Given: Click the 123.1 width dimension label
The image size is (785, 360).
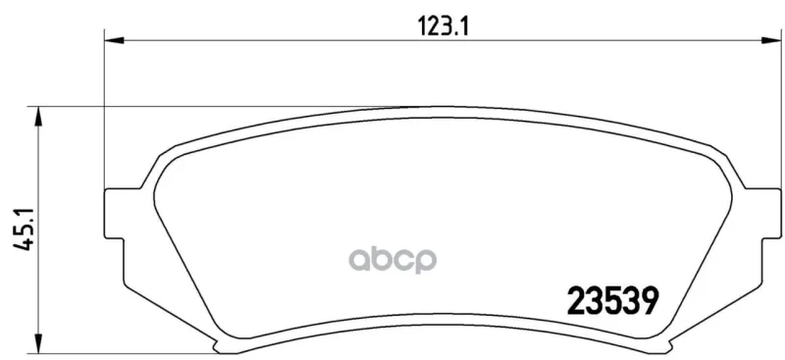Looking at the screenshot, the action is click(x=443, y=26).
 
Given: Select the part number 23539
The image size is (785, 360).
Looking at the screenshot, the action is click(x=611, y=301).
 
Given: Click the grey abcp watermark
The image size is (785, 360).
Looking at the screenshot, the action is click(x=392, y=260).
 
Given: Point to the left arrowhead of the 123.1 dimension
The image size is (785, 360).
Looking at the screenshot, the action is click(x=114, y=40).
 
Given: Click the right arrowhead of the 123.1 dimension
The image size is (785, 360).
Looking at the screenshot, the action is click(x=771, y=40).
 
